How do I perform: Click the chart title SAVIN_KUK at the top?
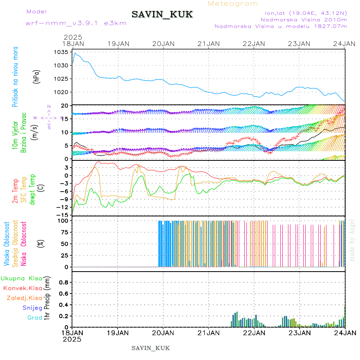coord(162,15)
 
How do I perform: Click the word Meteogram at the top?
coord(233,4)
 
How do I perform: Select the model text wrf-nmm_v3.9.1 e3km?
coord(76,23)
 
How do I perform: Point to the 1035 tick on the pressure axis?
coord(62,52)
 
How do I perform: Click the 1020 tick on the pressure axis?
coord(62,92)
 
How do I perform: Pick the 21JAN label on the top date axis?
coord(208,43)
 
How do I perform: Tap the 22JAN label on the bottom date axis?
coord(254,332)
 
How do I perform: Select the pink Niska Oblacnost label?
coord(24,244)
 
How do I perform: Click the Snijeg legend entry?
coord(32,308)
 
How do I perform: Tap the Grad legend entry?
coord(34,318)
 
